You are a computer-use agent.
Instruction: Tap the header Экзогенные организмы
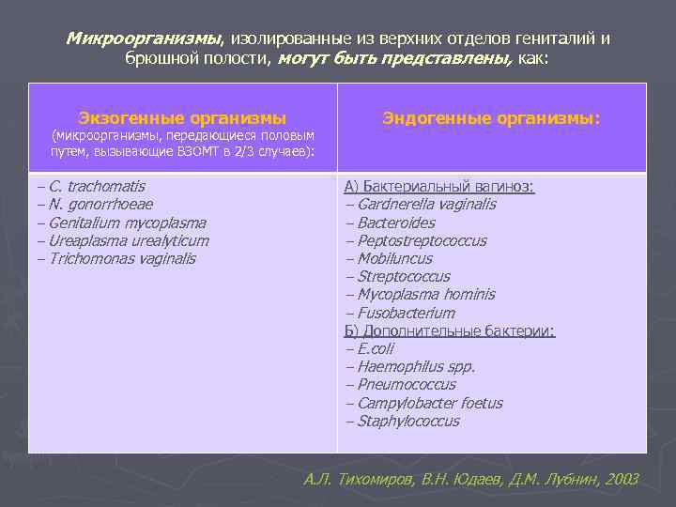point(182,118)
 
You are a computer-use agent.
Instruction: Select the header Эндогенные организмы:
point(491,118)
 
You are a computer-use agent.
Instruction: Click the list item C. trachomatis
point(97,187)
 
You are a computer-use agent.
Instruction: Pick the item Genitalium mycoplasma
point(127,223)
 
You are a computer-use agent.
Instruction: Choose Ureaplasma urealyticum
point(129,240)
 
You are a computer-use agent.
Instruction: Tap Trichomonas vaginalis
point(122,258)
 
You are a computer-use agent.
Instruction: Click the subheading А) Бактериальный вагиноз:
point(439,187)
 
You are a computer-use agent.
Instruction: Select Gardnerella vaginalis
point(426,205)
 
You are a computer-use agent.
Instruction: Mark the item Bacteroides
point(396,223)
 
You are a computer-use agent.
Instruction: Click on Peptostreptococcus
point(422,240)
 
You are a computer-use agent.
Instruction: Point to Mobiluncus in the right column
point(394,258)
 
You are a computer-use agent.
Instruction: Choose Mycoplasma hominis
point(425,295)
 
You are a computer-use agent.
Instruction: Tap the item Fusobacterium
point(406,313)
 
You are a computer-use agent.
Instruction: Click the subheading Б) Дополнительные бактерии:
point(450,330)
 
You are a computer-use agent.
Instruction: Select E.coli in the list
point(376,348)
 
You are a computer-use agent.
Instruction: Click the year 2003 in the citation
point(622,479)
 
